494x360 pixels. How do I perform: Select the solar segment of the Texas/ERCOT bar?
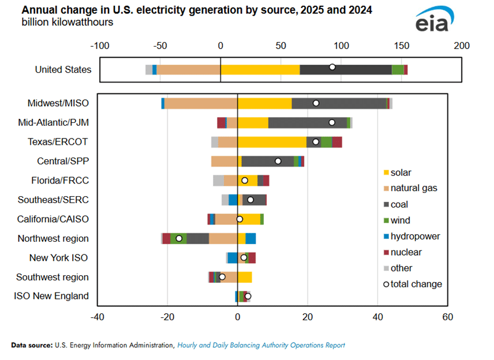click(x=272, y=142)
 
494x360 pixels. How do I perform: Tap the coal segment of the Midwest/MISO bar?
click(x=339, y=103)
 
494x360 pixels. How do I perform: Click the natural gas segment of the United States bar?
click(x=189, y=70)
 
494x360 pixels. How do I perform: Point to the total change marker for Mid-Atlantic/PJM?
click(x=332, y=122)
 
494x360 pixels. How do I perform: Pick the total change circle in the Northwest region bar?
click(x=179, y=238)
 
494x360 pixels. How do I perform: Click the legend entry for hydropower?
click(x=415, y=236)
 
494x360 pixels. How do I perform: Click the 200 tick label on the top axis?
click(x=462, y=46)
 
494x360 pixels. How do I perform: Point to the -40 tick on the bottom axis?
click(x=97, y=316)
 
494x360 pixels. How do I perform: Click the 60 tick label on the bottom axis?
click(x=447, y=316)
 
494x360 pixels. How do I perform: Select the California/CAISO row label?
click(x=53, y=219)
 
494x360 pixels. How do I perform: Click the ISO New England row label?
click(x=51, y=297)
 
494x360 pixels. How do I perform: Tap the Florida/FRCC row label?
click(x=60, y=181)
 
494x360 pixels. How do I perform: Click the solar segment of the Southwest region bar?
click(x=245, y=277)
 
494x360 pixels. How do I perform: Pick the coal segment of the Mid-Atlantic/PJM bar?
click(x=308, y=122)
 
